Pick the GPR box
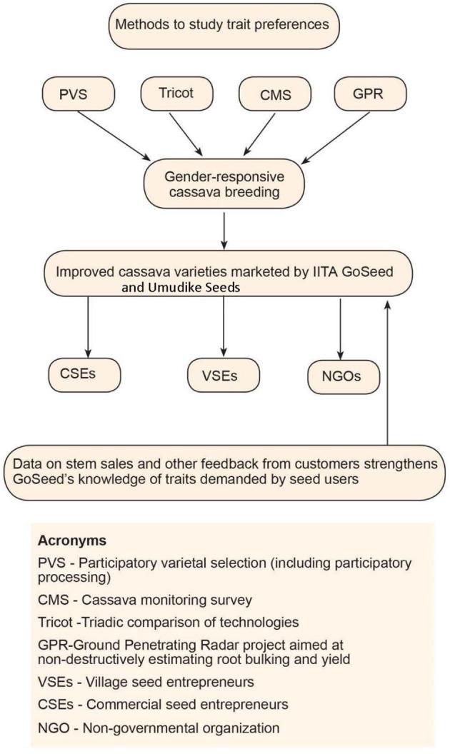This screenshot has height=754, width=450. [370, 94]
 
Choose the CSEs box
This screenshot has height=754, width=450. [84, 374]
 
